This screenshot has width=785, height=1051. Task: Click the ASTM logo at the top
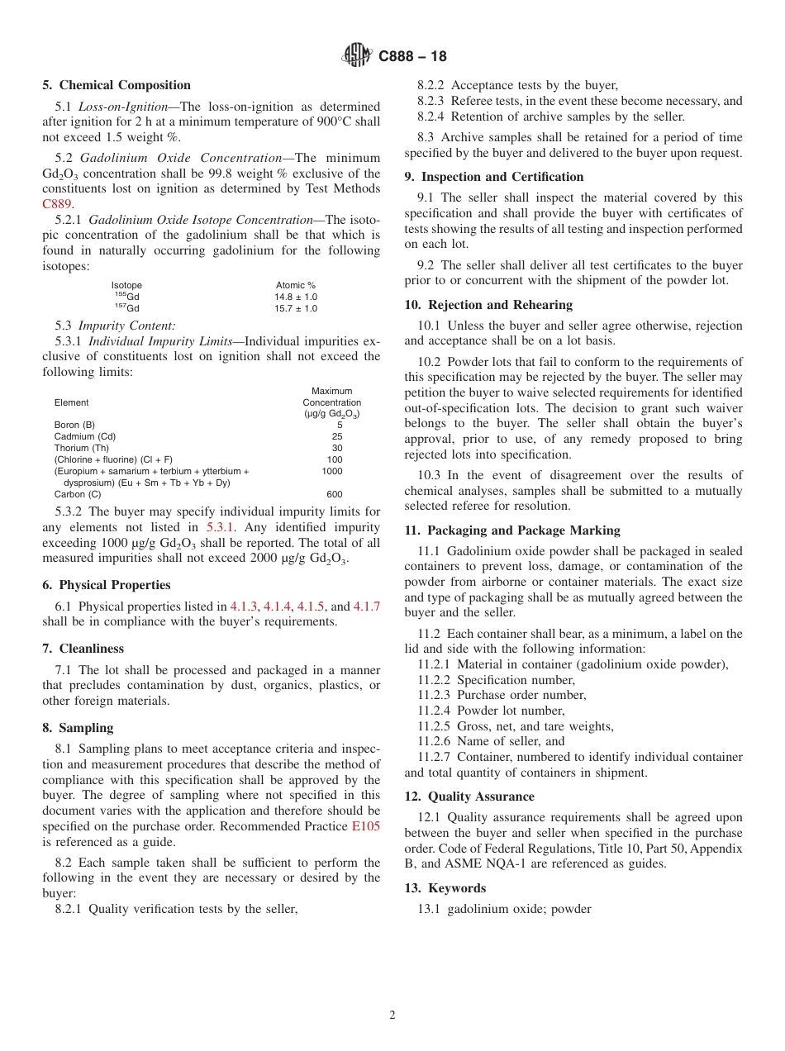coord(357,56)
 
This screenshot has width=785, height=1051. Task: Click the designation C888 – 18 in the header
coord(412,57)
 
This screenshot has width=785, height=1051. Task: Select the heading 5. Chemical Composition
coord(117,85)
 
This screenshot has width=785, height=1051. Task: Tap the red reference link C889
coord(58,204)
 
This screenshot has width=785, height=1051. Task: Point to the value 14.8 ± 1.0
coord(296,297)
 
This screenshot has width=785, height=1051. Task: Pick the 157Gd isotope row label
coord(126,308)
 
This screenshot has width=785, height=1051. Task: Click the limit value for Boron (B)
coord(339,425)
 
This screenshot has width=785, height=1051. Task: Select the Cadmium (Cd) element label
coord(85,436)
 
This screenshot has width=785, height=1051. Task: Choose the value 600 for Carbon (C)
coord(334,494)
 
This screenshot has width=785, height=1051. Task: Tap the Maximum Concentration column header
coord(331,402)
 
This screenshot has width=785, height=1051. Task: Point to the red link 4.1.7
coord(367,606)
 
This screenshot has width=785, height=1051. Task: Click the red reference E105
coord(366,826)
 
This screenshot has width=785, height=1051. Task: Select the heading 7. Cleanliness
coord(83,649)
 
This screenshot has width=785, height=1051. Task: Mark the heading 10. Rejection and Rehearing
coord(488,305)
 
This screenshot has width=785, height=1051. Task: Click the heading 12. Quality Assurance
coord(469,797)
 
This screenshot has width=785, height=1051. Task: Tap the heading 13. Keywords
coord(445,888)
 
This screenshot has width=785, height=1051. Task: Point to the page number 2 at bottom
coord(392,1015)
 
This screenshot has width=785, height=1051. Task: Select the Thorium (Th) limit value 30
coord(337,448)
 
